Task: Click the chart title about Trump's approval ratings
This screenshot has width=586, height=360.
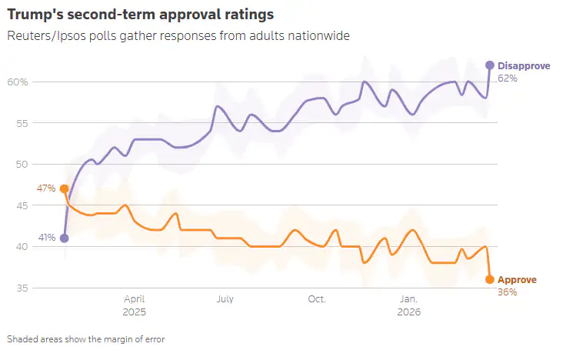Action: (140, 15)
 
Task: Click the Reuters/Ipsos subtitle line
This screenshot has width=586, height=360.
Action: (175, 35)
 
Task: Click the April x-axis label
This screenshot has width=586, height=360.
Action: (135, 298)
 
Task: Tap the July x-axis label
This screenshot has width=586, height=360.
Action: (225, 298)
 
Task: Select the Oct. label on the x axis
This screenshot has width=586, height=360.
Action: (316, 298)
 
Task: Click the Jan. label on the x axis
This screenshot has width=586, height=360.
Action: (408, 298)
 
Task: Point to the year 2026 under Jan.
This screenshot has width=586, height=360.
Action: (408, 313)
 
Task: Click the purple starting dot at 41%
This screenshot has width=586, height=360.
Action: (64, 238)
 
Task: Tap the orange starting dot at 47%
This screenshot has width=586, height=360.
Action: (64, 188)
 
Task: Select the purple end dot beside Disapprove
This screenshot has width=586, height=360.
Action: (489, 65)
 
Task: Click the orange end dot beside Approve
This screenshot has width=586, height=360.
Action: (489, 279)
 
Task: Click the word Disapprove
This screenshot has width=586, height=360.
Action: (524, 66)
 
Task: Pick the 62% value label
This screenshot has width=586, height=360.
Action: (508, 78)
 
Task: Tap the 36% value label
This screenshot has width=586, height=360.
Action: (508, 292)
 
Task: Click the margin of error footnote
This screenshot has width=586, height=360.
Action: (85, 338)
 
